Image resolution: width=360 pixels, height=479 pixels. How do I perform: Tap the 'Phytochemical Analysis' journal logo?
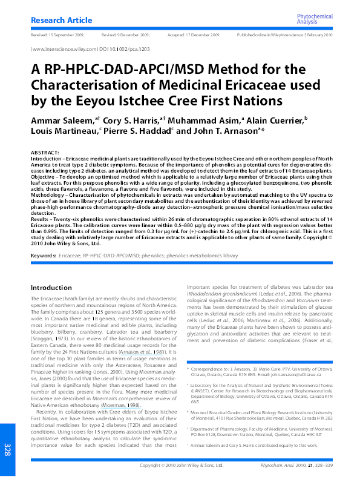(314, 19)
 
